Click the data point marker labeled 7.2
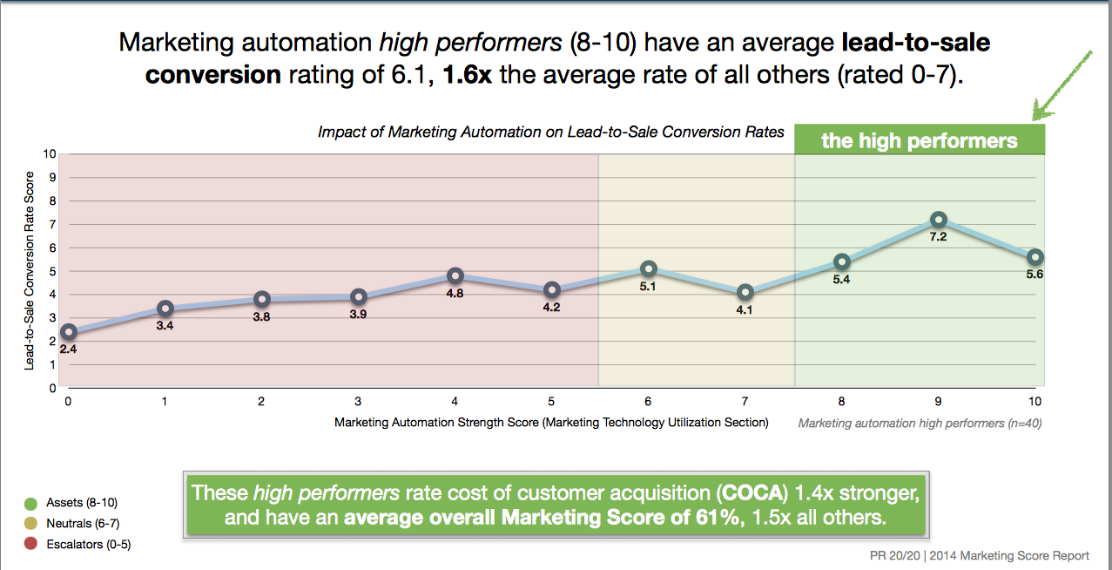coord(938,220)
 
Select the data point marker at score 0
coord(68,332)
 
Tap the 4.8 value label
coord(455,294)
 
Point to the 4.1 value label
coord(744,309)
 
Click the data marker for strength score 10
coord(1034,257)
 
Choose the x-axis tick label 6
coord(647,402)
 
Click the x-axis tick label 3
coord(358,402)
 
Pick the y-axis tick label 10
coord(51,154)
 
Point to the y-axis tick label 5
coord(53,271)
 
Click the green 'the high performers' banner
coord(920,141)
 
